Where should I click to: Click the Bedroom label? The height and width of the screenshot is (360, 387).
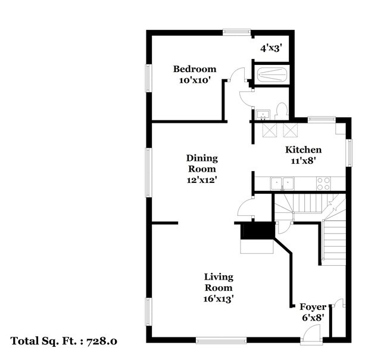195,69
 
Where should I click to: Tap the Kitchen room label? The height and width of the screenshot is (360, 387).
303,150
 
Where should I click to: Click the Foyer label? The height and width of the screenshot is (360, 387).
312,307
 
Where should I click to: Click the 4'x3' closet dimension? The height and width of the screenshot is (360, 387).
271,48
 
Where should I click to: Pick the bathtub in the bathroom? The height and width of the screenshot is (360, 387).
271,75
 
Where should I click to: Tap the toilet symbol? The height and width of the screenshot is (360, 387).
282,111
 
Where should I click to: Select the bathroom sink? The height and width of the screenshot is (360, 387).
262,113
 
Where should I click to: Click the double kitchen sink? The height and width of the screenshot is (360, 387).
283,184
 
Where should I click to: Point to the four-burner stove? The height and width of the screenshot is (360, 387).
323,184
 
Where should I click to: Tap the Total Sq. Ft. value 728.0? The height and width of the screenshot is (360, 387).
102,342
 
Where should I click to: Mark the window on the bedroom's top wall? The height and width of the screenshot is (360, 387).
241,32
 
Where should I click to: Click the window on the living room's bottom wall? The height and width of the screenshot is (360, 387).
221,340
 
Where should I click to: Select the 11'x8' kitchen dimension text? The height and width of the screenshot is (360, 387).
303,160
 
